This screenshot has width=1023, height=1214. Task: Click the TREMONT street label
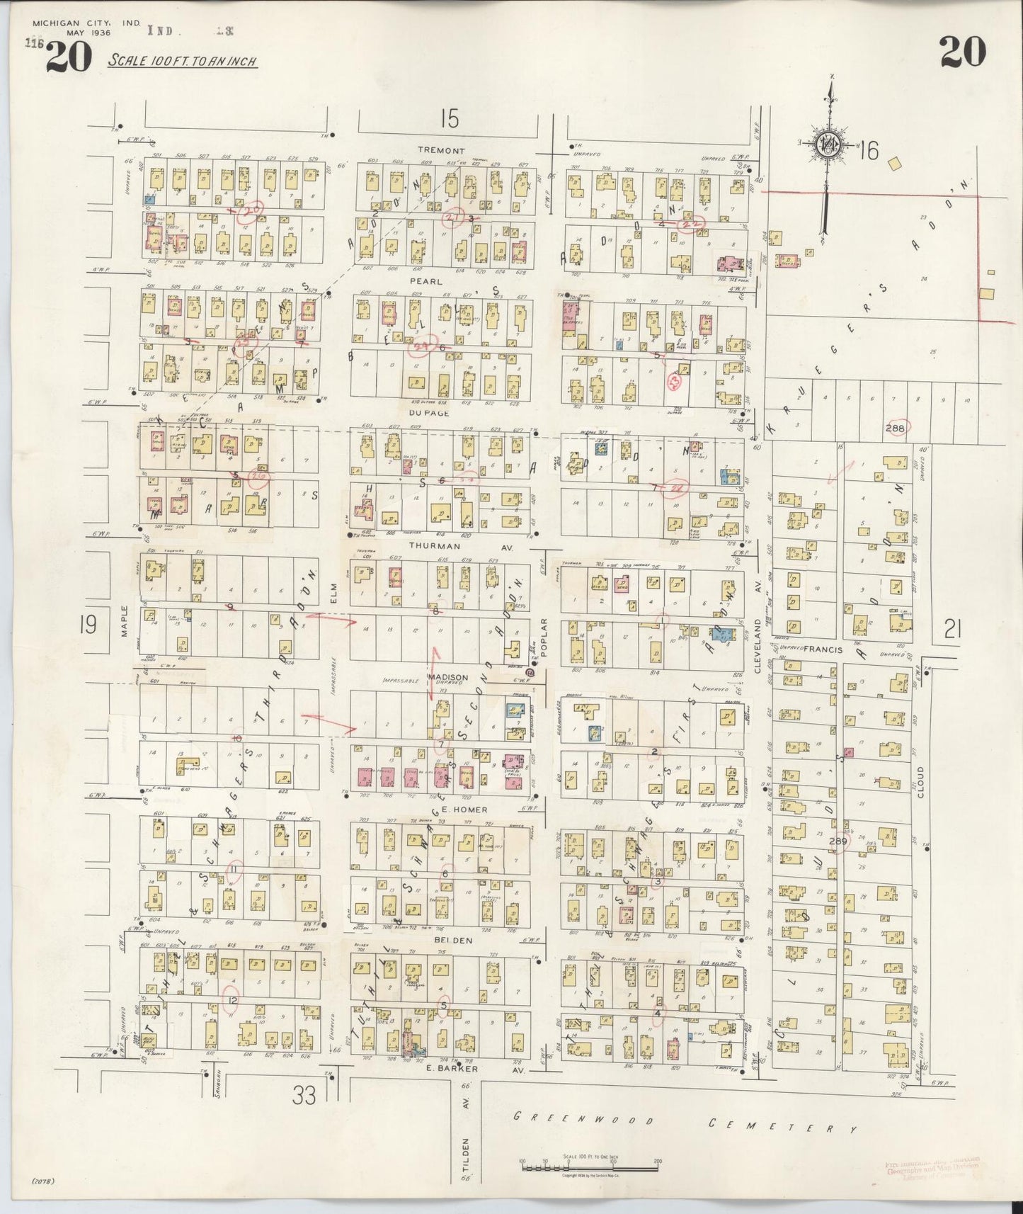(x=441, y=150)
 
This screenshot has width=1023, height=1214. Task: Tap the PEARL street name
(x=430, y=281)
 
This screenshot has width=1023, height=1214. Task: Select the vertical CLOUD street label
(x=920, y=782)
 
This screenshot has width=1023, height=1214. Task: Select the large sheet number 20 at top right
(x=963, y=52)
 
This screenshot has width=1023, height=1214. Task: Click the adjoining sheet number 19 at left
(x=88, y=625)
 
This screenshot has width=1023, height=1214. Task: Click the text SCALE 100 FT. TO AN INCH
(x=182, y=61)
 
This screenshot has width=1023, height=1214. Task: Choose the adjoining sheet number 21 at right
(x=952, y=629)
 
